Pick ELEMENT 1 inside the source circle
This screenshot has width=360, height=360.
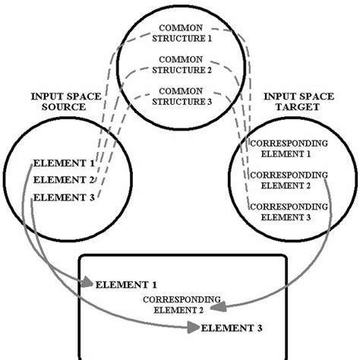(x=64, y=163)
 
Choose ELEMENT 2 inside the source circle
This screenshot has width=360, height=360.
(x=64, y=180)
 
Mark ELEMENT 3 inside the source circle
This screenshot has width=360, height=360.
(x=64, y=197)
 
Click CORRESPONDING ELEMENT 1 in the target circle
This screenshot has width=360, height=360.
(x=289, y=148)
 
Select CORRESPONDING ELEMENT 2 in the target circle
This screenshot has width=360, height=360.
(x=289, y=180)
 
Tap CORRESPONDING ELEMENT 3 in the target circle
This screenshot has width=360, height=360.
(x=289, y=211)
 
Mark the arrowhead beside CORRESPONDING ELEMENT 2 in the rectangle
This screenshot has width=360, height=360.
(x=216, y=308)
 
